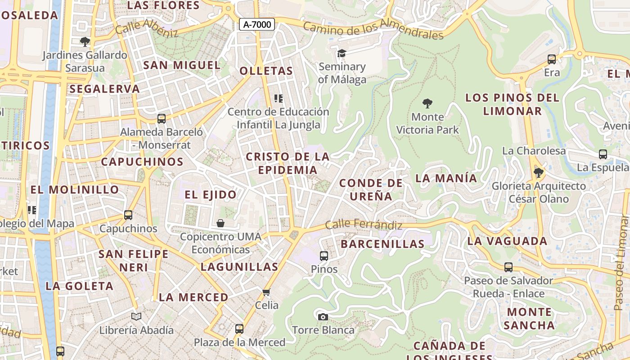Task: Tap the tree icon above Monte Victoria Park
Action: [x=427, y=103]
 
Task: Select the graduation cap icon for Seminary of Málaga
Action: [x=342, y=54]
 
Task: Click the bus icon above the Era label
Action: [x=552, y=59]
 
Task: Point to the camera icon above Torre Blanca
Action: [x=323, y=317]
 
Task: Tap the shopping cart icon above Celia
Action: [x=266, y=292]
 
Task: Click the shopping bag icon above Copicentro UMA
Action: [x=220, y=223]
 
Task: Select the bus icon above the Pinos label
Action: [x=324, y=256]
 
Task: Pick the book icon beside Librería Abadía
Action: [x=136, y=317]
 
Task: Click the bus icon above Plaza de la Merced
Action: [x=239, y=329]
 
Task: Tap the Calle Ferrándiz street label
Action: [x=364, y=224]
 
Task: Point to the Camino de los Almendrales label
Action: [x=373, y=29]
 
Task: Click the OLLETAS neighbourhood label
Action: [x=266, y=71]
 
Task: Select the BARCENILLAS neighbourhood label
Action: [x=382, y=244]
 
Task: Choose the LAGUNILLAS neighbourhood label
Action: [x=239, y=267]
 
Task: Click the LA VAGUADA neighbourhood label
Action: [x=507, y=241]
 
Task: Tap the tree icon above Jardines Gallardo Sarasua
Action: [x=85, y=42]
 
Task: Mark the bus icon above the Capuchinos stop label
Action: [x=128, y=215]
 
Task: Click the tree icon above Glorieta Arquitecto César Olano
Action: [x=538, y=172]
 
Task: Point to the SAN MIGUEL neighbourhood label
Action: [x=182, y=65]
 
